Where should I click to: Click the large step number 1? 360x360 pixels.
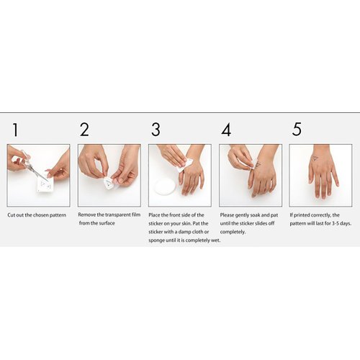[14, 130]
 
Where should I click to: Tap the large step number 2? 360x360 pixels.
[84, 130]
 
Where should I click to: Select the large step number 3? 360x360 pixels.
[156, 130]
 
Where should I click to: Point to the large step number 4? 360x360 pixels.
[226, 130]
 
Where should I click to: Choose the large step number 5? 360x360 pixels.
[297, 130]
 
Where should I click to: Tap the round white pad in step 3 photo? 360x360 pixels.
[165, 186]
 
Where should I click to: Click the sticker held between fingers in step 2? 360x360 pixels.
[109, 183]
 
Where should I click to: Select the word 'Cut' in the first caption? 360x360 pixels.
[12, 215]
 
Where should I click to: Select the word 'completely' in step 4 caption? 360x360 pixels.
[233, 232]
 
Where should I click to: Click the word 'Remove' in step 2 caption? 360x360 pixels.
[88, 215]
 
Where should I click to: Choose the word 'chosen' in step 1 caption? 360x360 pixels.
[40, 215]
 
